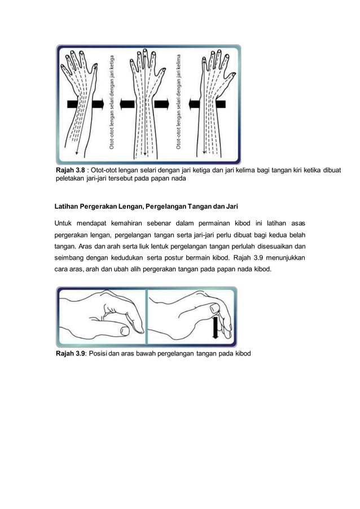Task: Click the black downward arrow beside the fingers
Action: (215, 327)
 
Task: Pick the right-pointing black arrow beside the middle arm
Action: (163, 106)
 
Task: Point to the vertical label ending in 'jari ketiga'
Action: (114, 102)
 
